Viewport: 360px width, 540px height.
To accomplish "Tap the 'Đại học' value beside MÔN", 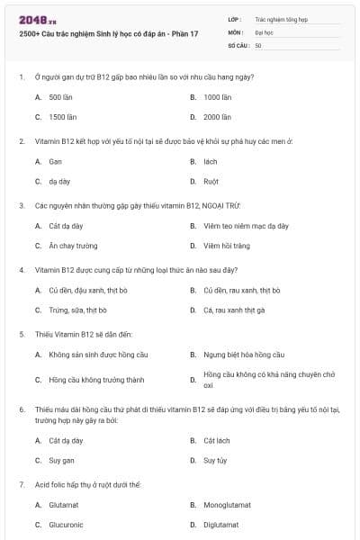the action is [265, 31].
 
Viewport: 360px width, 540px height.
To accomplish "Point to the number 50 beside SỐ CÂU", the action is [258, 44].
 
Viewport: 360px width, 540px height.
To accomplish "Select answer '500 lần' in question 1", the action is [61, 96].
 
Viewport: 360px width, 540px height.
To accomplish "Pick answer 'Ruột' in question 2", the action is [211, 180].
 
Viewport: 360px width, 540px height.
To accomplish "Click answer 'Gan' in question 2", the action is [55, 161].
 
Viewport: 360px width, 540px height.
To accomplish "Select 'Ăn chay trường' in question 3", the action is [73, 245].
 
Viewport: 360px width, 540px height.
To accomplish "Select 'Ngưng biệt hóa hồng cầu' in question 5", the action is [243, 355].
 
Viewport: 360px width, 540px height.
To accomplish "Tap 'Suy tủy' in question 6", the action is [214, 460].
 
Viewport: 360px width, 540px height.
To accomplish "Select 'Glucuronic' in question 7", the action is [66, 524].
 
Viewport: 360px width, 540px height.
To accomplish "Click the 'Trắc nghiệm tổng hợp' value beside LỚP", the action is [281, 18].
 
